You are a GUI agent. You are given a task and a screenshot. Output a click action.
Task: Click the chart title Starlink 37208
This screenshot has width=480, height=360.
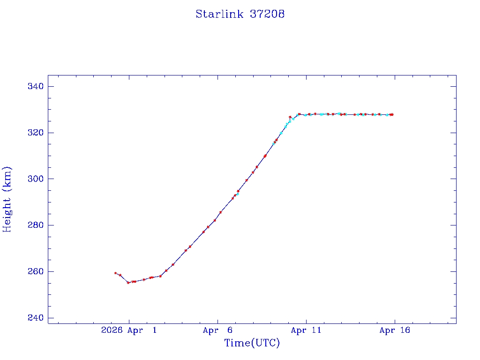coord(240,14)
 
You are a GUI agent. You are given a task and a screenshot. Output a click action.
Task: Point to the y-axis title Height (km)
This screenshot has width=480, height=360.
coord(7,199)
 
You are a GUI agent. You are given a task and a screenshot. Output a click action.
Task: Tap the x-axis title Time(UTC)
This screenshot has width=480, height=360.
coord(252,343)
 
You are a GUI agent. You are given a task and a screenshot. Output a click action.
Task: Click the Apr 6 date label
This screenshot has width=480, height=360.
coord(218,330)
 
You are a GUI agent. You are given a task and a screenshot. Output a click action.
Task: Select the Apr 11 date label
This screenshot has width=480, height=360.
coord(306,330)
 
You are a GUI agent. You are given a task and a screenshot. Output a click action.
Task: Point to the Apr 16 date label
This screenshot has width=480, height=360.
coord(395,330)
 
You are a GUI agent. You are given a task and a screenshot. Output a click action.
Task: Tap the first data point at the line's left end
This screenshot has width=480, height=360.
coord(115,273)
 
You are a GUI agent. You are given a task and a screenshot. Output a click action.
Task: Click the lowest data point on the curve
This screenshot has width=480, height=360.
coord(128,283)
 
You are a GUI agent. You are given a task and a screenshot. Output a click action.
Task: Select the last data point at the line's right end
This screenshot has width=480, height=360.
coord(392,114)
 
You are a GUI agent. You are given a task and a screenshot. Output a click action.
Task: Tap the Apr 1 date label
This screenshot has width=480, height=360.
coord(142,330)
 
